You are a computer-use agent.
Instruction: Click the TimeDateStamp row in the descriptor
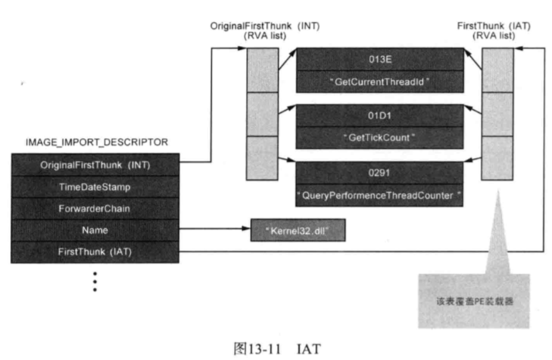(x=94, y=186)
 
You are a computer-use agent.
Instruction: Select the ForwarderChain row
(x=94, y=208)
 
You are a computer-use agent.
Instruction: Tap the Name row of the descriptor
(x=94, y=230)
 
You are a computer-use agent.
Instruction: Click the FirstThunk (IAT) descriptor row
(x=94, y=252)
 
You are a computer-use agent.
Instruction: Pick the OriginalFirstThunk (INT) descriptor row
(x=94, y=164)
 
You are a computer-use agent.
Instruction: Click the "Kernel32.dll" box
(x=297, y=230)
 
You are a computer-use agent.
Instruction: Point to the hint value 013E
(x=379, y=59)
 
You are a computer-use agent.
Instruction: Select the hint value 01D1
(x=379, y=115)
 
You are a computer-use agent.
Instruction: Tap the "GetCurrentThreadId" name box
(x=379, y=81)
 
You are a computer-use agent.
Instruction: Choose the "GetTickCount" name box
(x=379, y=138)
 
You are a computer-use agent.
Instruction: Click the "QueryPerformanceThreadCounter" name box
(x=379, y=195)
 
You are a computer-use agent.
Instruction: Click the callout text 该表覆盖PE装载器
(x=474, y=301)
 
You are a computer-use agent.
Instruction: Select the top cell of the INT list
(x=262, y=70)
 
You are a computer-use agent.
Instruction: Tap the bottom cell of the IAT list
(x=497, y=158)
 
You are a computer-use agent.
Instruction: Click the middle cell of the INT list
(x=262, y=114)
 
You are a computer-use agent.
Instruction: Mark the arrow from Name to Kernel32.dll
(x=213, y=230)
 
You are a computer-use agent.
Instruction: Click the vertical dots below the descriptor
(x=95, y=281)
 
